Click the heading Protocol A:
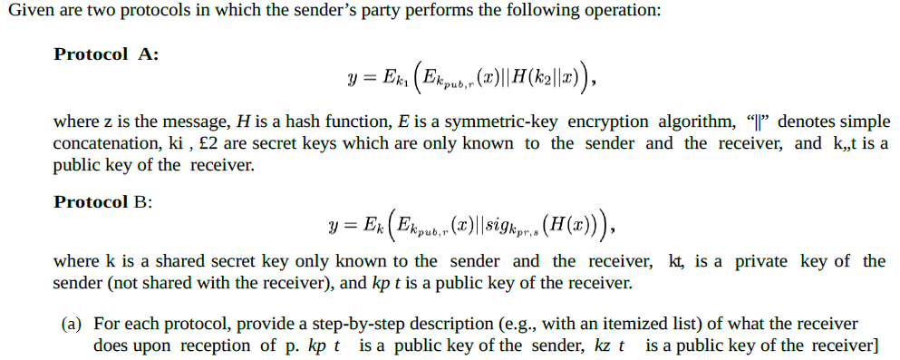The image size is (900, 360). click(x=106, y=54)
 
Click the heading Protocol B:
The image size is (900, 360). click(x=102, y=201)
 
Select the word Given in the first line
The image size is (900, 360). click(x=28, y=12)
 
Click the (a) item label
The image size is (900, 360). click(x=73, y=324)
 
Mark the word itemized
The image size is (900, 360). click(x=626, y=324)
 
